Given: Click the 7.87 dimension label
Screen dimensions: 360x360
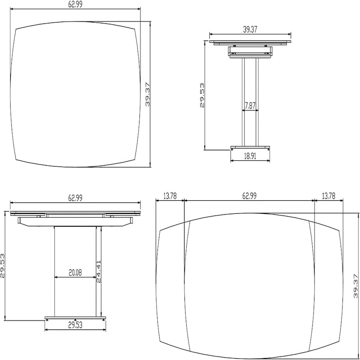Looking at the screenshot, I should (250, 106).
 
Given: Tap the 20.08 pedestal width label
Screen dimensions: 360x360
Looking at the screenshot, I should (75, 272).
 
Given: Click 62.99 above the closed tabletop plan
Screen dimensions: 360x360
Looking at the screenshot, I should (75, 4).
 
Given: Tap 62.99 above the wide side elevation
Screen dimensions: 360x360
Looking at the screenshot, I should (75, 198).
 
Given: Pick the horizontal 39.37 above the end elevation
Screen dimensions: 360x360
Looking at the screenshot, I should (250, 29).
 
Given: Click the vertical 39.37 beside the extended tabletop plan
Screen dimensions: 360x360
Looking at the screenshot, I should (356, 287).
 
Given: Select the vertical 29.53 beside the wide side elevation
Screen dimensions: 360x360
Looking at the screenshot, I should (3, 265).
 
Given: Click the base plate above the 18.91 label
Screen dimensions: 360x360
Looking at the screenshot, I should (251, 147).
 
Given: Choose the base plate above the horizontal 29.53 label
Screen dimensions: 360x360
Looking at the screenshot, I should (75, 318).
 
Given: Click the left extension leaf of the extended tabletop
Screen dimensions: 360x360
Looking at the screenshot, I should (173, 287).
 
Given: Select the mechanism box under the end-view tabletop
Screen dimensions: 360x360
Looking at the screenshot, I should (250, 51).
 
